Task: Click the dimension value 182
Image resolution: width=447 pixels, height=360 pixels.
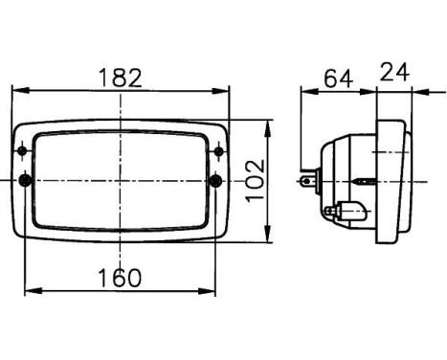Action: (x=121, y=79)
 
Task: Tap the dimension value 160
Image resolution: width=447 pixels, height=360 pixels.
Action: (x=120, y=278)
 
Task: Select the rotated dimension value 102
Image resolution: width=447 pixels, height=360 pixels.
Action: (x=256, y=180)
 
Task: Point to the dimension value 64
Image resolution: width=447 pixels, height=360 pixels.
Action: (x=339, y=79)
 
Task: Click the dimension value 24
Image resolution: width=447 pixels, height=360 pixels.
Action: (x=394, y=72)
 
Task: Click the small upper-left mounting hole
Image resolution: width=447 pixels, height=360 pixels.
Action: (x=22, y=150)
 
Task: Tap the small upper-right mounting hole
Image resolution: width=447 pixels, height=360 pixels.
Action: (x=218, y=151)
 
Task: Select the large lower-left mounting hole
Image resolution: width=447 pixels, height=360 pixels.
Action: (x=25, y=180)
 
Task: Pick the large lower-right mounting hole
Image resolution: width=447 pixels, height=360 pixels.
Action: (x=216, y=181)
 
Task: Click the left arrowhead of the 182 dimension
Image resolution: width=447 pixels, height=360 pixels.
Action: (x=20, y=90)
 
